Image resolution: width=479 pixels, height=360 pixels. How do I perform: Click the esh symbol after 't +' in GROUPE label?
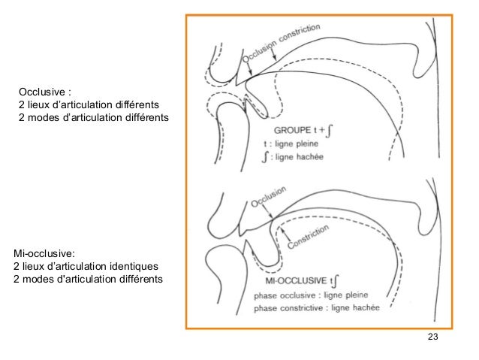[330, 128]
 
